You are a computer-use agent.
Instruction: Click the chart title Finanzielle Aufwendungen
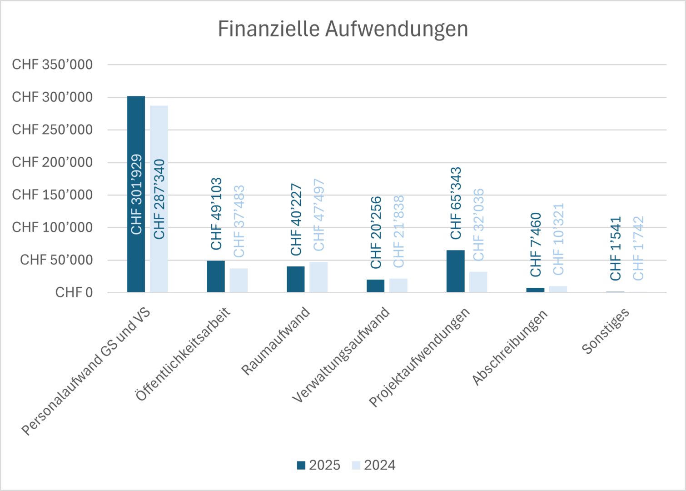coord(343,29)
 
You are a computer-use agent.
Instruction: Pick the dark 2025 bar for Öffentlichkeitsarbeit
coord(216,276)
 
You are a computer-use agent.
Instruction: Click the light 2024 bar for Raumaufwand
coord(318,277)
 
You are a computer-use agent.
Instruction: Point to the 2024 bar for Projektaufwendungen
coord(478,282)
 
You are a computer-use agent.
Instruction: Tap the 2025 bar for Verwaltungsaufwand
coord(375,286)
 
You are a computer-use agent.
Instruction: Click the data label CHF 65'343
coord(456,203)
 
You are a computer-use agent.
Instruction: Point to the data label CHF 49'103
coord(216,213)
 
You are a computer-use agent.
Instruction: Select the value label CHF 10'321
coord(558,239)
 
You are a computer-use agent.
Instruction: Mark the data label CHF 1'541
coord(615,248)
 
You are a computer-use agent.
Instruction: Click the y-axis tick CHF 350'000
coord(52,65)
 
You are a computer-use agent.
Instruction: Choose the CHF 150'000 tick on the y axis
coord(52,195)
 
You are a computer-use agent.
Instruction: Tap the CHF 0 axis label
coord(74,292)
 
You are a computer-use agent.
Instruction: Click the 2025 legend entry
coord(319,465)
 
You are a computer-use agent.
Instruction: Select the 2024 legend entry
coord(374,465)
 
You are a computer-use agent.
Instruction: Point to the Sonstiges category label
coord(606,331)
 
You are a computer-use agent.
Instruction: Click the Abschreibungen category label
coord(510,347)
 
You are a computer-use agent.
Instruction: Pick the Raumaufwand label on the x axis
coord(276,341)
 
